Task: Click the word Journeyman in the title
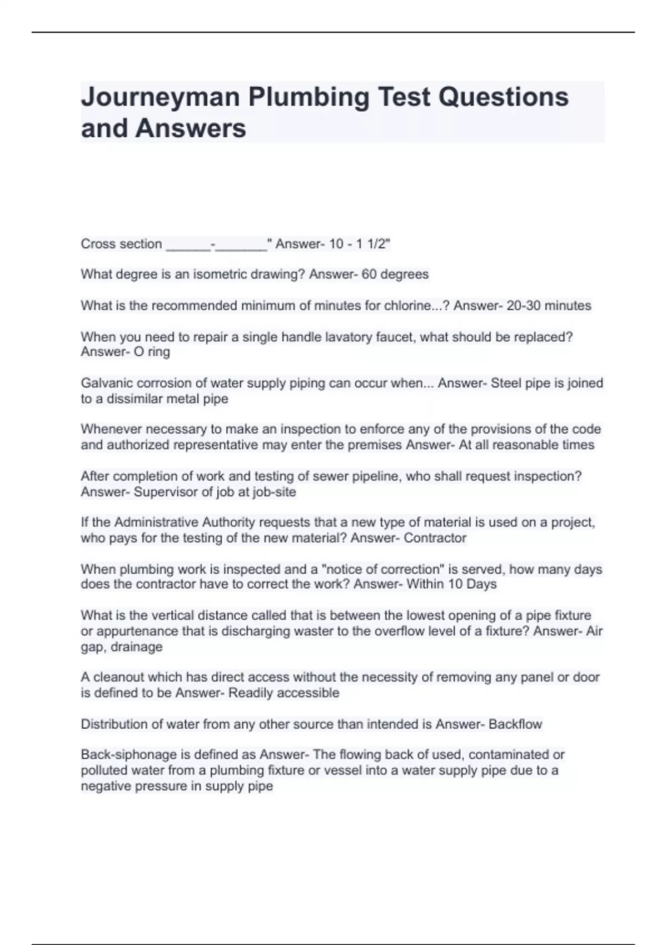tap(161, 97)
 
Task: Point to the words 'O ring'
tap(151, 352)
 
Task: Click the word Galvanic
tap(105, 383)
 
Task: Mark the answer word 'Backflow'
tap(515, 724)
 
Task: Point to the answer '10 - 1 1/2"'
tap(360, 243)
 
